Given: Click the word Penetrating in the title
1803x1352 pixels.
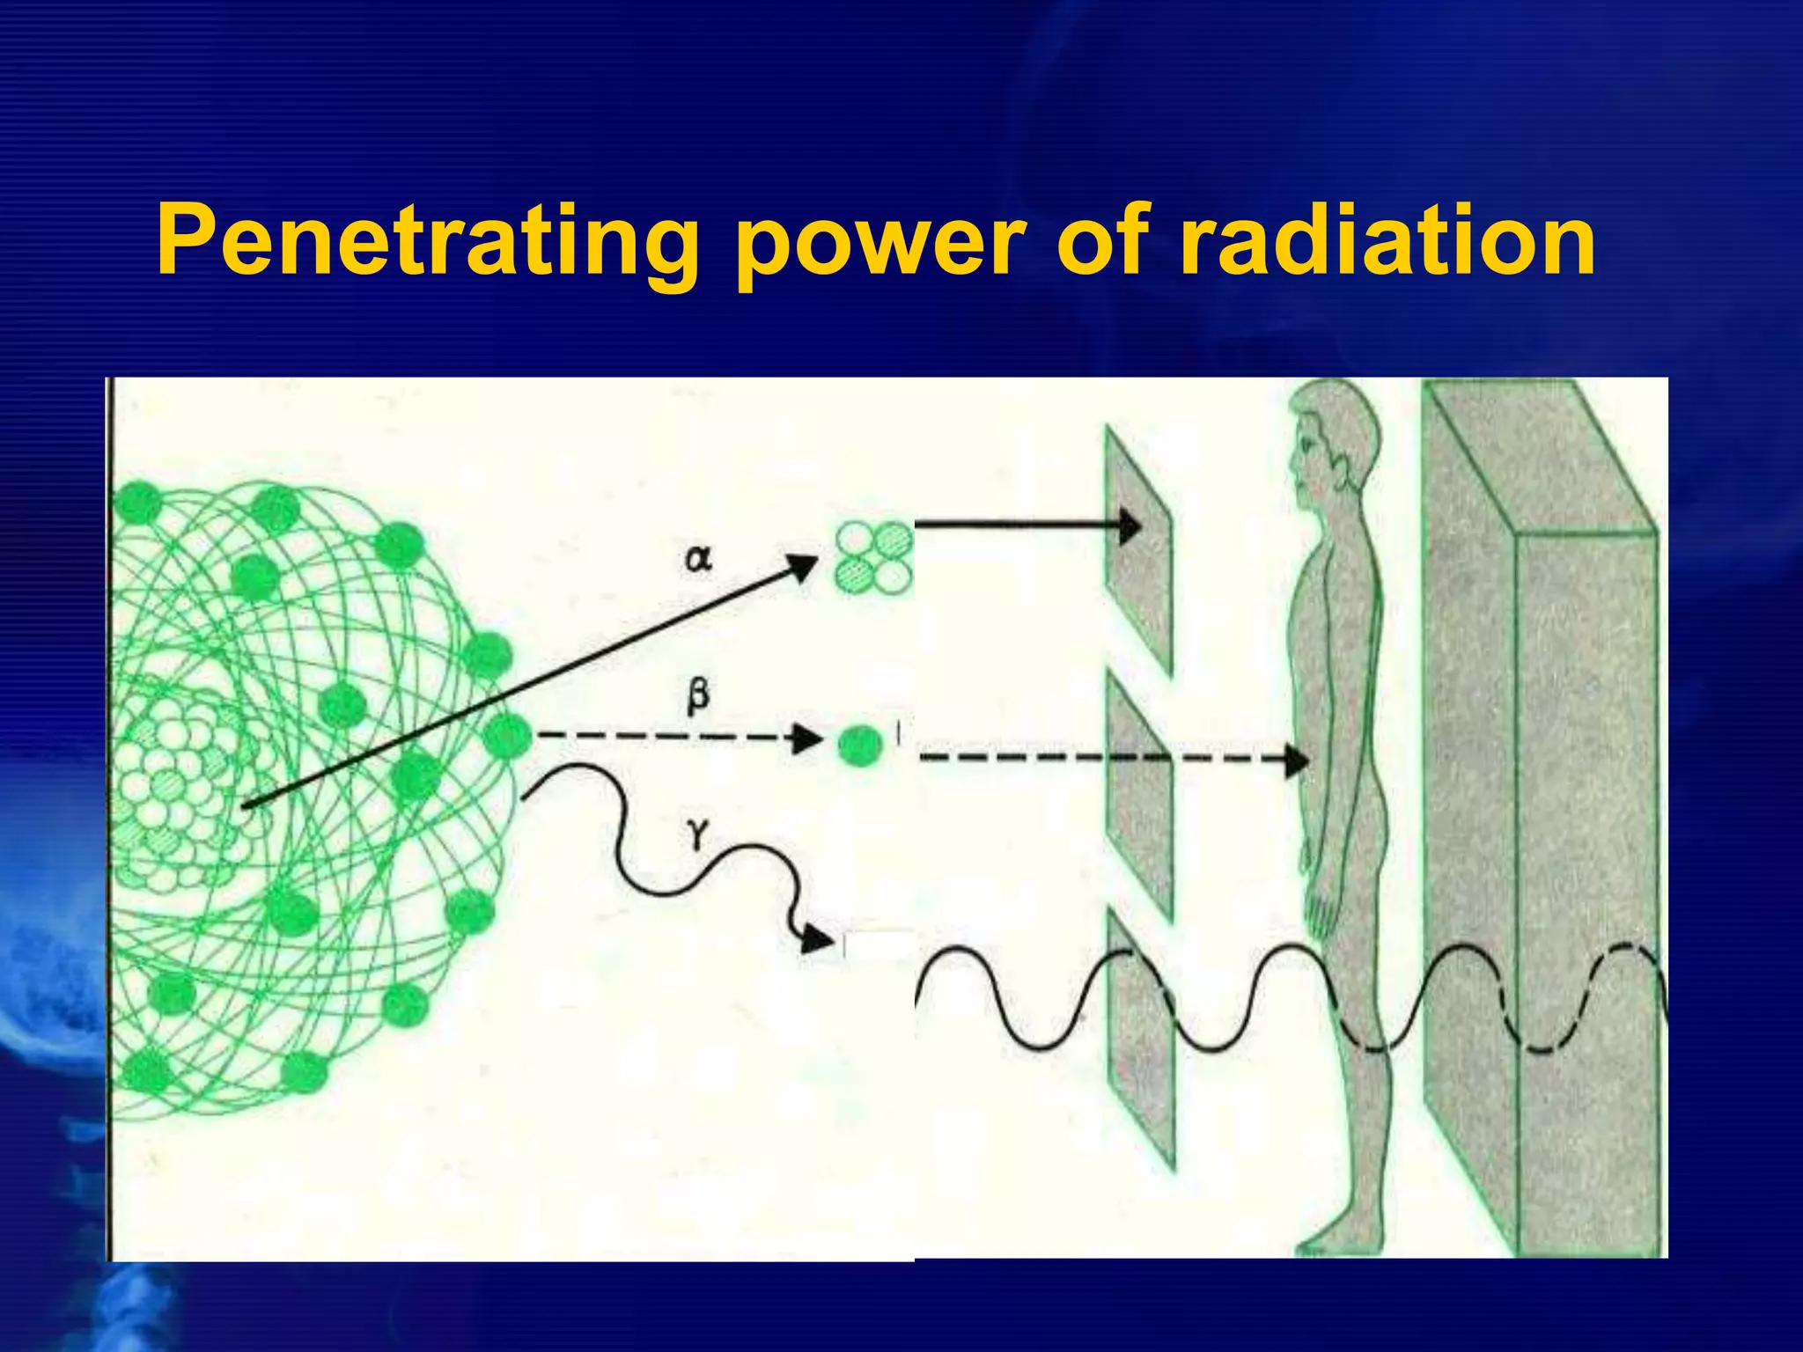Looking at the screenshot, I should point(427,240).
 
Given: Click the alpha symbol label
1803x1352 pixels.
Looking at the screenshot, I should point(697,558).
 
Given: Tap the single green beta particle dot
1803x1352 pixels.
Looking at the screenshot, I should point(858,746).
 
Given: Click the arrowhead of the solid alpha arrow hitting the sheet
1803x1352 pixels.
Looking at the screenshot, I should point(1130,527).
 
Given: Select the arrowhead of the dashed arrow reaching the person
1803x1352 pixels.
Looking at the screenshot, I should point(1298,759).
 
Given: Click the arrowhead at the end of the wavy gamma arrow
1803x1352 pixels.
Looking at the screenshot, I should point(819,940).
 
